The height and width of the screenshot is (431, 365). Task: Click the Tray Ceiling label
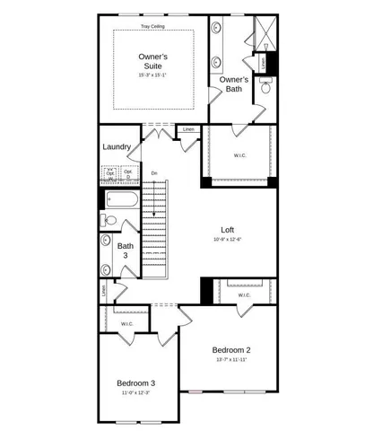pos(154,27)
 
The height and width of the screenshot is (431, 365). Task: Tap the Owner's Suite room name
pos(153,62)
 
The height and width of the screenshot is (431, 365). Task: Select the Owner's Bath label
pos(234,84)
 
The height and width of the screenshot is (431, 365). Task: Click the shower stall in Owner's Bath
pos(265,32)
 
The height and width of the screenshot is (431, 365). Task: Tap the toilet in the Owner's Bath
pos(265,87)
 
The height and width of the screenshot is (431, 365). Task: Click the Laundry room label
pos(117,147)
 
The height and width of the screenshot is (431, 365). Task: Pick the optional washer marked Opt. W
pos(110,173)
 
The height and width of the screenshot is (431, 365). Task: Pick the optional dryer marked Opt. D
pos(127,173)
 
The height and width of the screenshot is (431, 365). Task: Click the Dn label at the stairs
pos(153,173)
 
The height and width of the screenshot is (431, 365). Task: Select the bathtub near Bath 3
pos(120,200)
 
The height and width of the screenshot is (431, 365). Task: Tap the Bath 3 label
pos(126,251)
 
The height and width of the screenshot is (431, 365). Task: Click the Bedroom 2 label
pos(231,349)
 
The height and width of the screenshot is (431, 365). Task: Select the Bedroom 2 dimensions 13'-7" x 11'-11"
pos(231,360)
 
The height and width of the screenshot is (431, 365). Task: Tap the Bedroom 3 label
pos(135,383)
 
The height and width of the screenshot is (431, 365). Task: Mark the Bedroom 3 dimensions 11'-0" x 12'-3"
pos(135,393)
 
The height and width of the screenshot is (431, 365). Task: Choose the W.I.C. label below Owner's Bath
pos(239,155)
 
